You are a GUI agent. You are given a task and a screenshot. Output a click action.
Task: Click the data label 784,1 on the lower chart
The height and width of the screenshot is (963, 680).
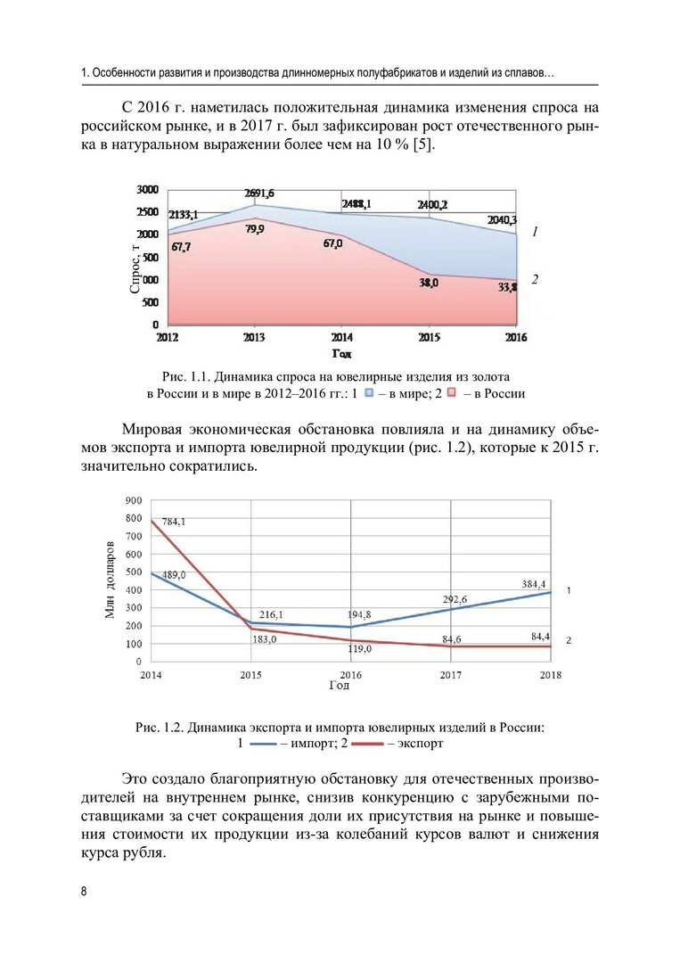coord(174,523)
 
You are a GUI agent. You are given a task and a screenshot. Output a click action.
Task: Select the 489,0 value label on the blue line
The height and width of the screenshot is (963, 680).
coord(174,576)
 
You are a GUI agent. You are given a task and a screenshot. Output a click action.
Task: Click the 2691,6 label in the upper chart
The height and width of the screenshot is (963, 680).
coord(259,193)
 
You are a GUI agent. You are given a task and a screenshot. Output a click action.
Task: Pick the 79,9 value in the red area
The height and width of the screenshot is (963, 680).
coord(254,229)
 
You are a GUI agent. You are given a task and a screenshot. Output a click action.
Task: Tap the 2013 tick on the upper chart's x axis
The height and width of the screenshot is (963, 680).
coord(254,338)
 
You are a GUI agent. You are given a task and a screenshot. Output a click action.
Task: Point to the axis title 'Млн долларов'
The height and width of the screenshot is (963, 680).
coord(111,580)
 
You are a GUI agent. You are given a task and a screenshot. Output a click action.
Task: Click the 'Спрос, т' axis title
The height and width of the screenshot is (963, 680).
coord(136,268)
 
